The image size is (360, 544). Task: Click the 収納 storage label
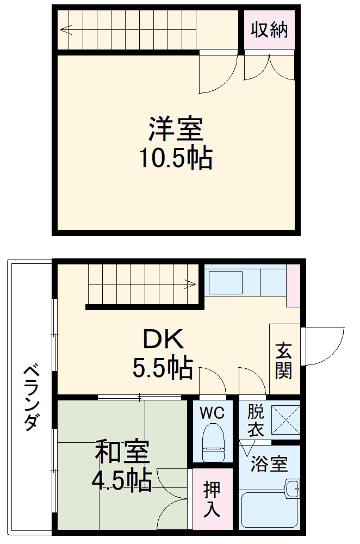tap(269, 30)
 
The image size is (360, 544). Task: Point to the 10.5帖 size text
tap(176, 158)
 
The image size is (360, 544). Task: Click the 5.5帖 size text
tap(163, 368)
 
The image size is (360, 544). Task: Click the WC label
tap(212, 413)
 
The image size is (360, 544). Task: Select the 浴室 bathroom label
tap(269, 465)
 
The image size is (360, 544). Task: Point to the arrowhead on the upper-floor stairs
tap(64, 30)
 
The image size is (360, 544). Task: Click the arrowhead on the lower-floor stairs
tap(191, 283)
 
